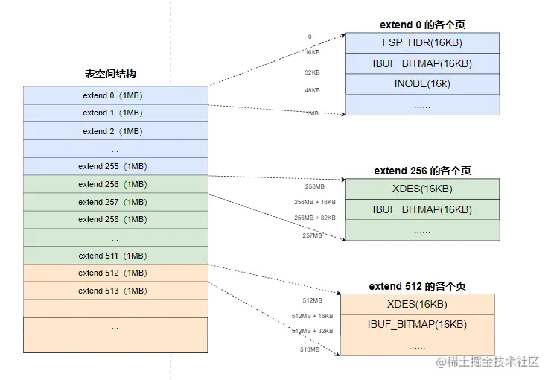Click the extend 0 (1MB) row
tap(115, 95)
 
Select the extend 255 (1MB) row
tap(115, 166)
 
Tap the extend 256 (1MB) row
tap(115, 184)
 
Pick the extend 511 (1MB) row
tap(115, 256)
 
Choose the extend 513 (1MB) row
tap(115, 291)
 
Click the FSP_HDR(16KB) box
tap(422, 42)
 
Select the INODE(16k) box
tap(422, 84)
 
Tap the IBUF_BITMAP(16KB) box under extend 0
tap(422, 63)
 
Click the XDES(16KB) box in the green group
tap(422, 189)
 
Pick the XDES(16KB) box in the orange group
tap(417, 304)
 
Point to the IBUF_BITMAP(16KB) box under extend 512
tap(417, 324)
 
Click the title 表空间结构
tap(110, 75)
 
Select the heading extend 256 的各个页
tap(422, 171)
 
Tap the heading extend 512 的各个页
tap(417, 286)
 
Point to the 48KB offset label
tap(312, 90)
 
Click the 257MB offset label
tap(313, 235)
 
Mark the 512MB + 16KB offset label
tap(312, 316)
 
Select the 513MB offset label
tap(310, 349)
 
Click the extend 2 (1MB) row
tap(115, 131)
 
